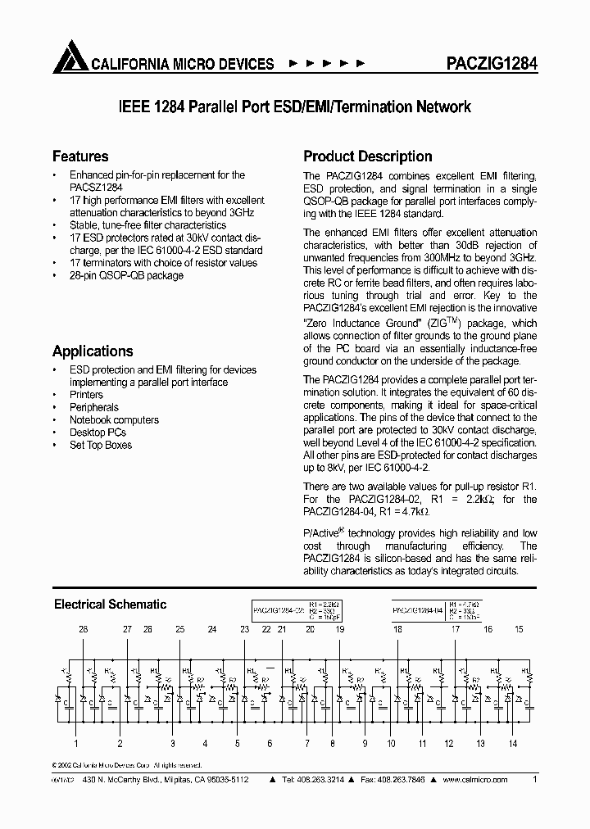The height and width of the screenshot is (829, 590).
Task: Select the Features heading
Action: (x=80, y=156)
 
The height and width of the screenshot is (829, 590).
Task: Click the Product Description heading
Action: (x=368, y=156)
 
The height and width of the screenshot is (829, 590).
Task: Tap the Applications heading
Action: (x=93, y=351)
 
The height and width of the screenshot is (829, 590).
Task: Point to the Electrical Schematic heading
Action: (x=110, y=605)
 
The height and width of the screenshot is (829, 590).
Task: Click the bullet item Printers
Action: (x=86, y=395)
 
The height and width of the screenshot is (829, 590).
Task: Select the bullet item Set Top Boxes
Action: (x=100, y=445)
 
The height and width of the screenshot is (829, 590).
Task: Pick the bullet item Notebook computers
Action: (x=114, y=419)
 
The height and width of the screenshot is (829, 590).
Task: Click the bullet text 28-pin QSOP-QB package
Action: (x=126, y=275)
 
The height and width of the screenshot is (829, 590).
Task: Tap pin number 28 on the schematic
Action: (x=83, y=629)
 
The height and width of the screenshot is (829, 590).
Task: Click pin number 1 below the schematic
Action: (x=77, y=744)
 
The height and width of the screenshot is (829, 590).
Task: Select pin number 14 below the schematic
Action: (x=513, y=744)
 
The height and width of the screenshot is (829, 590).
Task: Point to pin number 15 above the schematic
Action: (x=518, y=629)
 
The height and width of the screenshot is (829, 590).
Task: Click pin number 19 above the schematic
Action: (x=339, y=629)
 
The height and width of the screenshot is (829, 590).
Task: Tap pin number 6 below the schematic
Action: (x=270, y=744)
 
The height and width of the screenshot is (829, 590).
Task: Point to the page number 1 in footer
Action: (x=534, y=780)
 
